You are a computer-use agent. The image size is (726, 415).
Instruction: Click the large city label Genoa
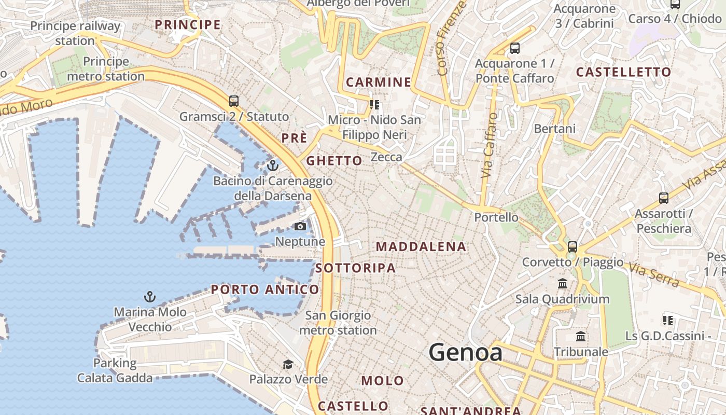[x=465, y=353]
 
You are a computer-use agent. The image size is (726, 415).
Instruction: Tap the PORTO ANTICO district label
[x=264, y=289]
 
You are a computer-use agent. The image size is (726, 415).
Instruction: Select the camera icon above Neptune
[x=300, y=227]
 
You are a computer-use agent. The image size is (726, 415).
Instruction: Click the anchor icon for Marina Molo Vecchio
[x=150, y=297]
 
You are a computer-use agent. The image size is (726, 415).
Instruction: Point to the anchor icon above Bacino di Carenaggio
[x=273, y=166]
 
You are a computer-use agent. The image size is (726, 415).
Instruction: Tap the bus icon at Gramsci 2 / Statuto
[x=234, y=101]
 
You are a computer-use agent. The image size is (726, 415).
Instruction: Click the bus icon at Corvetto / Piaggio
[x=573, y=247]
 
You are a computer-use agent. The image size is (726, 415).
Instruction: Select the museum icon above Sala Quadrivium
[x=563, y=284]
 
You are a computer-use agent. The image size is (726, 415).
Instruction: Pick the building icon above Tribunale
[x=581, y=337]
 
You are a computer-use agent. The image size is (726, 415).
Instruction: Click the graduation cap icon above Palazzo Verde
[x=288, y=364]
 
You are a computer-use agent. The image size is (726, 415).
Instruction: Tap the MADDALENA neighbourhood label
[x=421, y=247]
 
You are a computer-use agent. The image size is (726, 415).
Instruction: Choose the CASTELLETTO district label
[x=623, y=72]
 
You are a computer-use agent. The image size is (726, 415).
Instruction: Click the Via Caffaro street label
[x=489, y=146]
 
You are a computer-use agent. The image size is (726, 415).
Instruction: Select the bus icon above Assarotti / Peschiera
[x=664, y=198]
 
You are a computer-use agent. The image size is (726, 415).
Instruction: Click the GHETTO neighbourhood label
[x=334, y=161]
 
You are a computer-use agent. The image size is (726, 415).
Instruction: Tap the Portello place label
[x=496, y=217]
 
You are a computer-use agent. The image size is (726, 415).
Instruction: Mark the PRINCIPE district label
[x=188, y=24]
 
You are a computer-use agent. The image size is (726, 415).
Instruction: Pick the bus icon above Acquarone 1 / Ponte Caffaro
[x=515, y=48]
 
